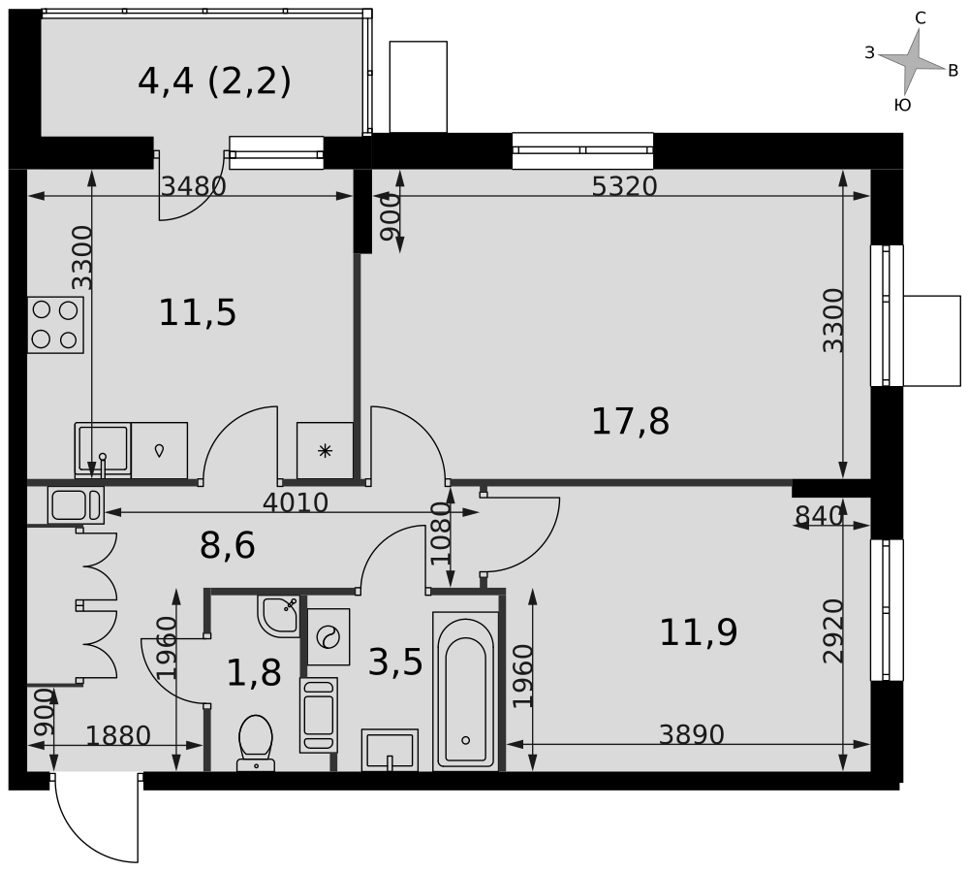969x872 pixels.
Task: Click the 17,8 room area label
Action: point(631,422)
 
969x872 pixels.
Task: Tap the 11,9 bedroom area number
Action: point(699,633)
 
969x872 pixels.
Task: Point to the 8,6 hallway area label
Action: point(228,545)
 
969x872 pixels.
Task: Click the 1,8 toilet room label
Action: point(254,673)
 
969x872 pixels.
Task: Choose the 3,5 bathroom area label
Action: point(395,662)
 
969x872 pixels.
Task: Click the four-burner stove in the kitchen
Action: point(55,325)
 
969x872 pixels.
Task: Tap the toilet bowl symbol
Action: point(256,743)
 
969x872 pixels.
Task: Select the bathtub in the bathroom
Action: point(465,691)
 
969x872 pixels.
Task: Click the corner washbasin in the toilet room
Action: point(279,616)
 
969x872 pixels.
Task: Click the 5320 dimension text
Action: point(624,186)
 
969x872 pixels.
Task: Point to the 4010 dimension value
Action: point(296,502)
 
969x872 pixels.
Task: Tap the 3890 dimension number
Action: point(691,734)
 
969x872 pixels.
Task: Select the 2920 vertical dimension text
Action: point(833,630)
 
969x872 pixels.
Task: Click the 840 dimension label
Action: point(819,515)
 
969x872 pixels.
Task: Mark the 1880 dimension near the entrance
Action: point(117,736)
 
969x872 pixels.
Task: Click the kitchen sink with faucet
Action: point(103,450)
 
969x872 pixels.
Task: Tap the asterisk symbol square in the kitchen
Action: point(325,450)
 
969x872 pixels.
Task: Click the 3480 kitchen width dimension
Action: point(194,186)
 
